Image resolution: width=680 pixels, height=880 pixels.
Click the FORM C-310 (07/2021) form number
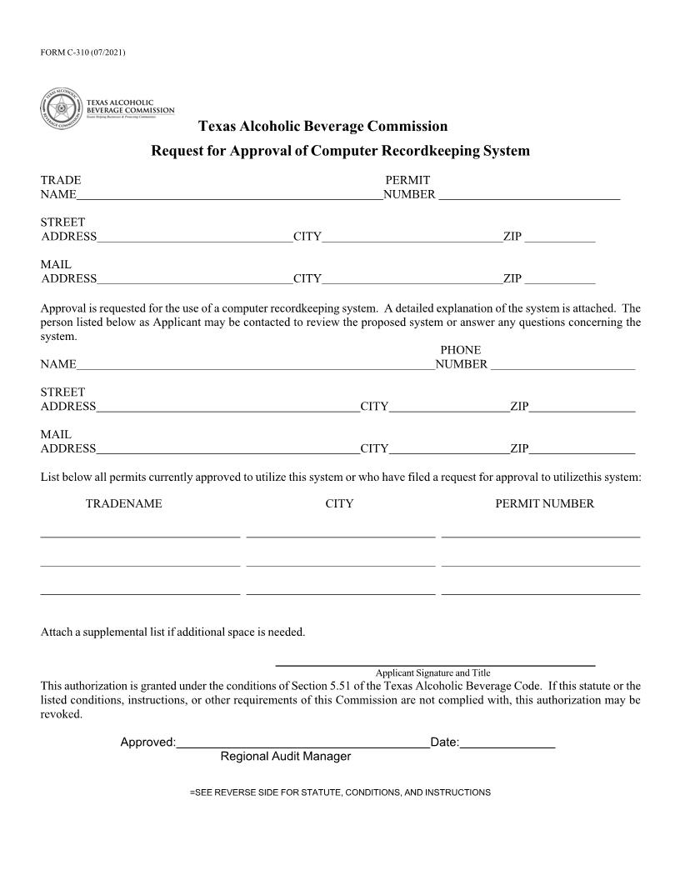click(82, 53)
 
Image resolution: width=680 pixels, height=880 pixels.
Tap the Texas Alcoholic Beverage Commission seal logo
click(60, 108)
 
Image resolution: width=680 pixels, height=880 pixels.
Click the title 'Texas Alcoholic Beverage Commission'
click(323, 127)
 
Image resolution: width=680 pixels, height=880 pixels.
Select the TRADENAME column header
click(124, 504)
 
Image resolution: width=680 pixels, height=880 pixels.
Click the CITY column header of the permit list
click(339, 504)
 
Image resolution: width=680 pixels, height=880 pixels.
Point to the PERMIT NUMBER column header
click(544, 504)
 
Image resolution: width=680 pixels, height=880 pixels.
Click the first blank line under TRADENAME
click(140, 536)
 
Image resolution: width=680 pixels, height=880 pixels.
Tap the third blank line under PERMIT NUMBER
click(540, 593)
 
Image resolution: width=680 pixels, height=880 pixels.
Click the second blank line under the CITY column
click(340, 565)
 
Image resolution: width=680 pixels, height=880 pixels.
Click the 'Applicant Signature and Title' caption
click(433, 673)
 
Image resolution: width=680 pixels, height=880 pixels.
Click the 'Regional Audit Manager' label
click(286, 757)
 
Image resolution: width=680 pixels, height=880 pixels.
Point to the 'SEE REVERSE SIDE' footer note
click(340, 792)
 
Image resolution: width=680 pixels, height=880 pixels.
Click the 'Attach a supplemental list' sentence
click(173, 632)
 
